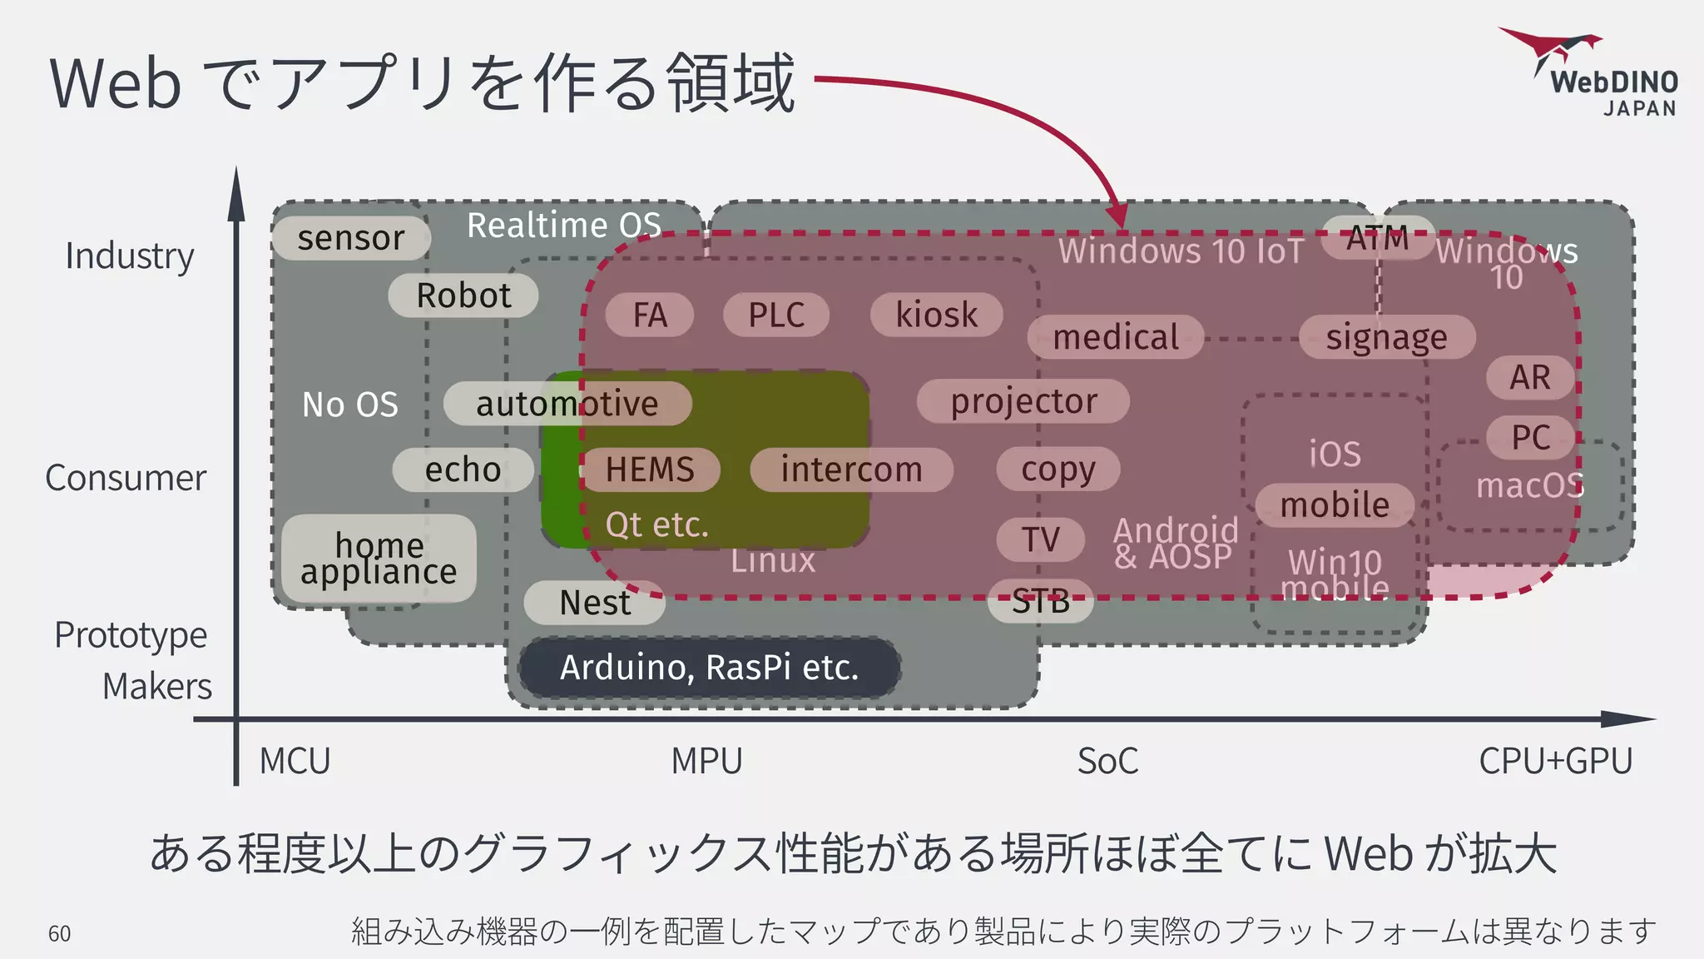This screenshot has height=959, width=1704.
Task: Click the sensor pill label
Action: (x=351, y=238)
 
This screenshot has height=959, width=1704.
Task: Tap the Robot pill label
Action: (x=463, y=296)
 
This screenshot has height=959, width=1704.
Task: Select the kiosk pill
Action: (x=936, y=315)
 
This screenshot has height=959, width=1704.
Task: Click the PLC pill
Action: (x=776, y=316)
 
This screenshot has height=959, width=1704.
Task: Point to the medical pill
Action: (x=1116, y=337)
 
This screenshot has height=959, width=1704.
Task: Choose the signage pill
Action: (x=1387, y=337)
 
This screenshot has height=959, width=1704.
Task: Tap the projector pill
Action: (x=1023, y=401)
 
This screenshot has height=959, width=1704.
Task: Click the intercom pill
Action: (x=851, y=470)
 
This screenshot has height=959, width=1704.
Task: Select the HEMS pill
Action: (x=650, y=470)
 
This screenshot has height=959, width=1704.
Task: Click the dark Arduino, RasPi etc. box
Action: (x=709, y=668)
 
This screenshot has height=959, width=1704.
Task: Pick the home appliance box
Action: (x=379, y=559)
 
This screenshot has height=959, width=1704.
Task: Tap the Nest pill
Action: (x=595, y=603)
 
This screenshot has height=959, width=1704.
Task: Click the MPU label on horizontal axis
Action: (x=706, y=761)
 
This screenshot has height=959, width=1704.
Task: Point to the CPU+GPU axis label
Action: (x=1555, y=761)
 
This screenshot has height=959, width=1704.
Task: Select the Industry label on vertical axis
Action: (x=130, y=256)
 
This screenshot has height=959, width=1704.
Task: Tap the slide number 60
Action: (x=60, y=934)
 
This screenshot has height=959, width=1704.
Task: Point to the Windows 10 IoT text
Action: (x=1181, y=251)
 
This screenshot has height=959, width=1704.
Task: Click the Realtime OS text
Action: (x=564, y=226)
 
